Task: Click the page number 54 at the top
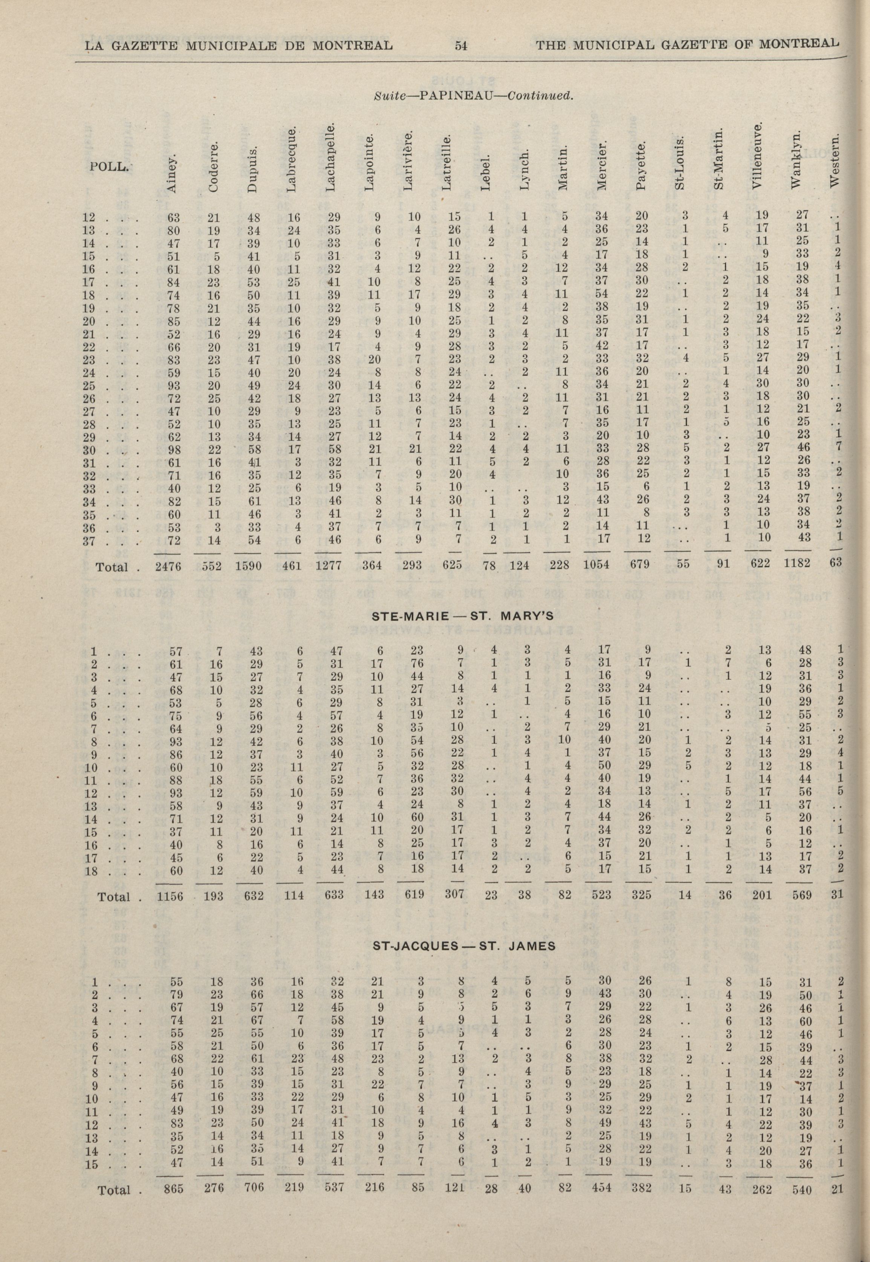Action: (x=462, y=46)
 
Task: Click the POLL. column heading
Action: (x=107, y=167)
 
